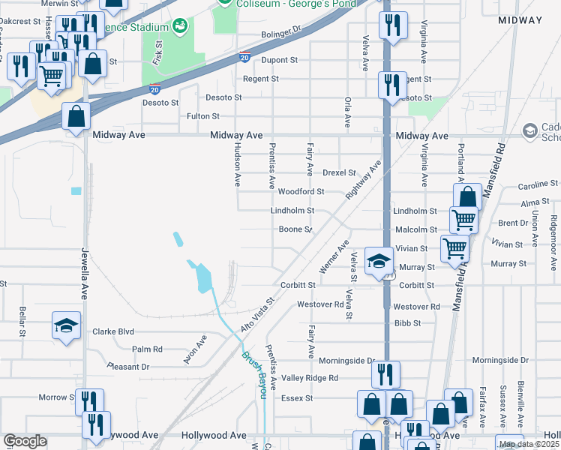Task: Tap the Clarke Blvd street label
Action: coord(112,331)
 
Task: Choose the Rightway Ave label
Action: coord(364,178)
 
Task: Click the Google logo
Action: coord(25,441)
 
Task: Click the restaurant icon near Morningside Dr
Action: coord(385,373)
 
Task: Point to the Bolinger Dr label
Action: coord(280,34)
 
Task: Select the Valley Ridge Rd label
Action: coord(310,378)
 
